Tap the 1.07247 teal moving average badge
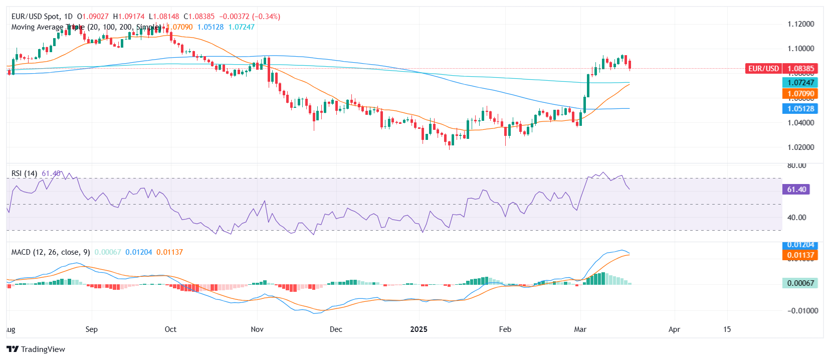[x=800, y=83]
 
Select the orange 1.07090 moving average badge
[x=800, y=94]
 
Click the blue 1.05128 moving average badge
[x=800, y=109]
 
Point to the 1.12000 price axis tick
[x=800, y=24]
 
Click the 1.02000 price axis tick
[x=800, y=147]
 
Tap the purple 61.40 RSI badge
[x=796, y=190]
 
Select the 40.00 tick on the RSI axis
[x=796, y=218]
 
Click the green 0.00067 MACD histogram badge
[x=800, y=283]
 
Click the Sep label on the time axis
[x=91, y=329]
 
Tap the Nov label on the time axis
[x=257, y=329]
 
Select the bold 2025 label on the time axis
[x=419, y=329]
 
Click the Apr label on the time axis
[x=674, y=329]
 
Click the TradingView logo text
[x=43, y=349]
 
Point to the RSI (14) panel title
[x=24, y=173]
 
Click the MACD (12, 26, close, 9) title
[x=51, y=252]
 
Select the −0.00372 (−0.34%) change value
[x=250, y=17]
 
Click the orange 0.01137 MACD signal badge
[x=800, y=255]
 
